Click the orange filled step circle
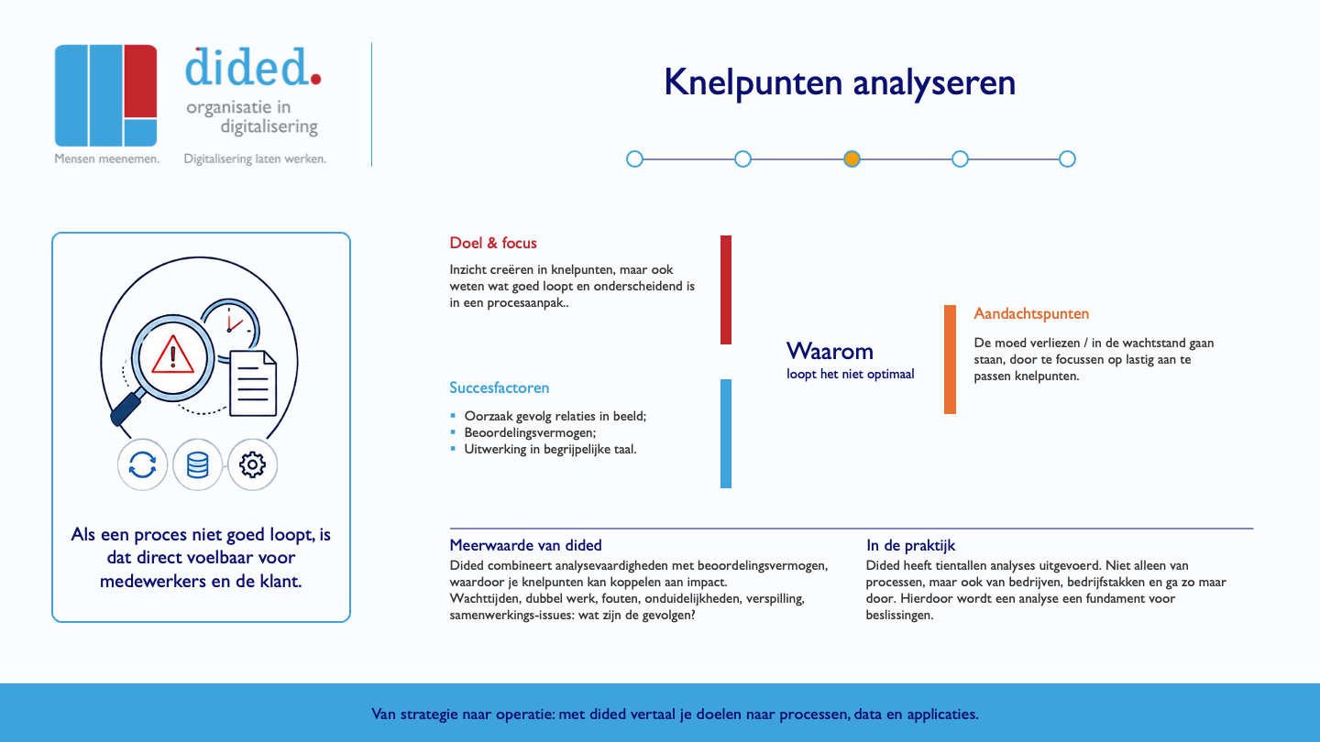click(852, 159)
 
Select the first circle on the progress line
click(634, 159)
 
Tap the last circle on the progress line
click(1067, 159)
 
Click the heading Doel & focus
click(493, 243)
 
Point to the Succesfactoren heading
click(499, 387)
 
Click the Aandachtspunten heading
click(1031, 314)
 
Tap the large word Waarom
click(830, 351)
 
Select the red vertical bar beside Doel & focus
click(726, 289)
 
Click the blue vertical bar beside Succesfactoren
click(726, 433)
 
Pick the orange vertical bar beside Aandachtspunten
click(950, 359)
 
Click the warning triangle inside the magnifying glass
click(172, 355)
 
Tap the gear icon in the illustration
click(252, 464)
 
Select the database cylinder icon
click(197, 464)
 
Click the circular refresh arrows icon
click(142, 464)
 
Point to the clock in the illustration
click(231, 326)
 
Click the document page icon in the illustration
click(253, 383)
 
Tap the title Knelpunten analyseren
click(840, 82)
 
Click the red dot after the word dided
click(315, 79)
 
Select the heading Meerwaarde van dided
click(525, 545)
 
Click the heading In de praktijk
click(910, 545)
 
